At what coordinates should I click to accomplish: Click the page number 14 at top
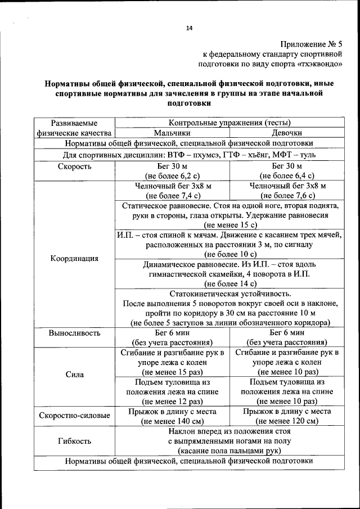189,29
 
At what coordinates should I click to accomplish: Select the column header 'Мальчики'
172,133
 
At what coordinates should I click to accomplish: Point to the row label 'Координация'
74,259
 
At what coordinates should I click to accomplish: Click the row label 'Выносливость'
74,332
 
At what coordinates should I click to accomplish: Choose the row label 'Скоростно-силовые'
74,416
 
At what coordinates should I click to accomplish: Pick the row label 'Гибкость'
74,441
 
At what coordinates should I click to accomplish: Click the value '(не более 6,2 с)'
172,175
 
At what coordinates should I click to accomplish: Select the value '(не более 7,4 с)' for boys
172,196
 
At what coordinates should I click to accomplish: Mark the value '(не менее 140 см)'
172,421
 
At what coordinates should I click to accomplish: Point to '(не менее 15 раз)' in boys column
172,372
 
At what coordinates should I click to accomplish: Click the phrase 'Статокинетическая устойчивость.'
230,294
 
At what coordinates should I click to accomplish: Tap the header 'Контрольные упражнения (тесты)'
229,123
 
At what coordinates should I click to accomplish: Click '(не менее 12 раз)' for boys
172,402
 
